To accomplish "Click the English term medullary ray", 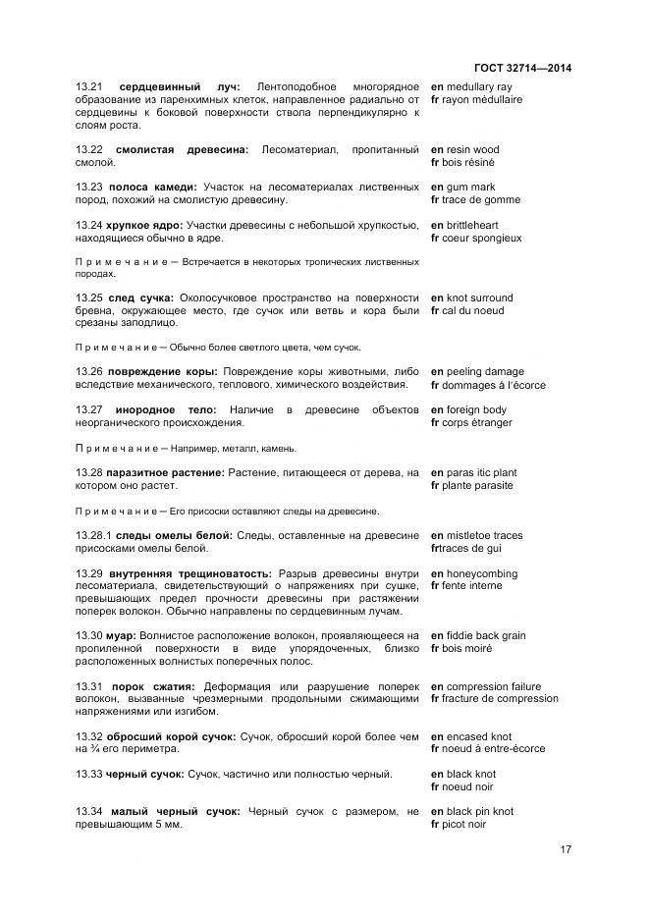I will click(x=485, y=87).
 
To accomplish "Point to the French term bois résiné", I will click(x=470, y=163).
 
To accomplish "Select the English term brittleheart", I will click(x=483, y=226).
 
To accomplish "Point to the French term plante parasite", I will click(x=478, y=486).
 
